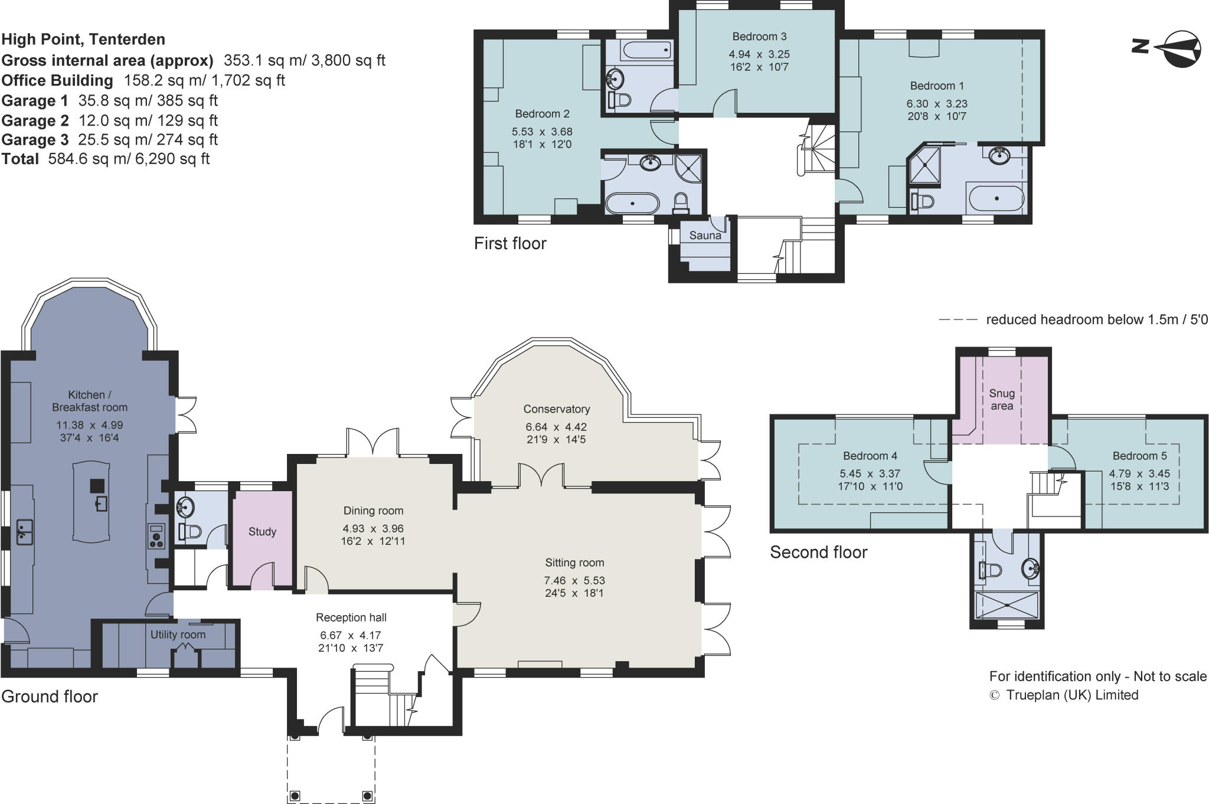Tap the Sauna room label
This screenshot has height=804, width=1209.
click(x=705, y=236)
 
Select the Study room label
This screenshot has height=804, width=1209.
click(x=262, y=532)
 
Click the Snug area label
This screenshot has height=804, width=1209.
click(x=1002, y=400)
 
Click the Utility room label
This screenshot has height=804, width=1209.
click(x=178, y=635)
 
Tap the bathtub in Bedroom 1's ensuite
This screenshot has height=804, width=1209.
click(x=996, y=198)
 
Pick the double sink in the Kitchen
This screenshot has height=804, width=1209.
click(x=24, y=531)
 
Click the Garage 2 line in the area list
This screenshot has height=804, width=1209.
click(x=110, y=120)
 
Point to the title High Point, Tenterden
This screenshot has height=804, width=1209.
click(x=83, y=40)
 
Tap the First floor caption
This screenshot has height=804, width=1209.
click(x=510, y=243)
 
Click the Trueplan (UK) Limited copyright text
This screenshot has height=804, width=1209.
click(x=1064, y=695)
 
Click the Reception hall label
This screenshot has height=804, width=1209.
click(x=351, y=617)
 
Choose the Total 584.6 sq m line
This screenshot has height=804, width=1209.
click(x=106, y=159)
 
